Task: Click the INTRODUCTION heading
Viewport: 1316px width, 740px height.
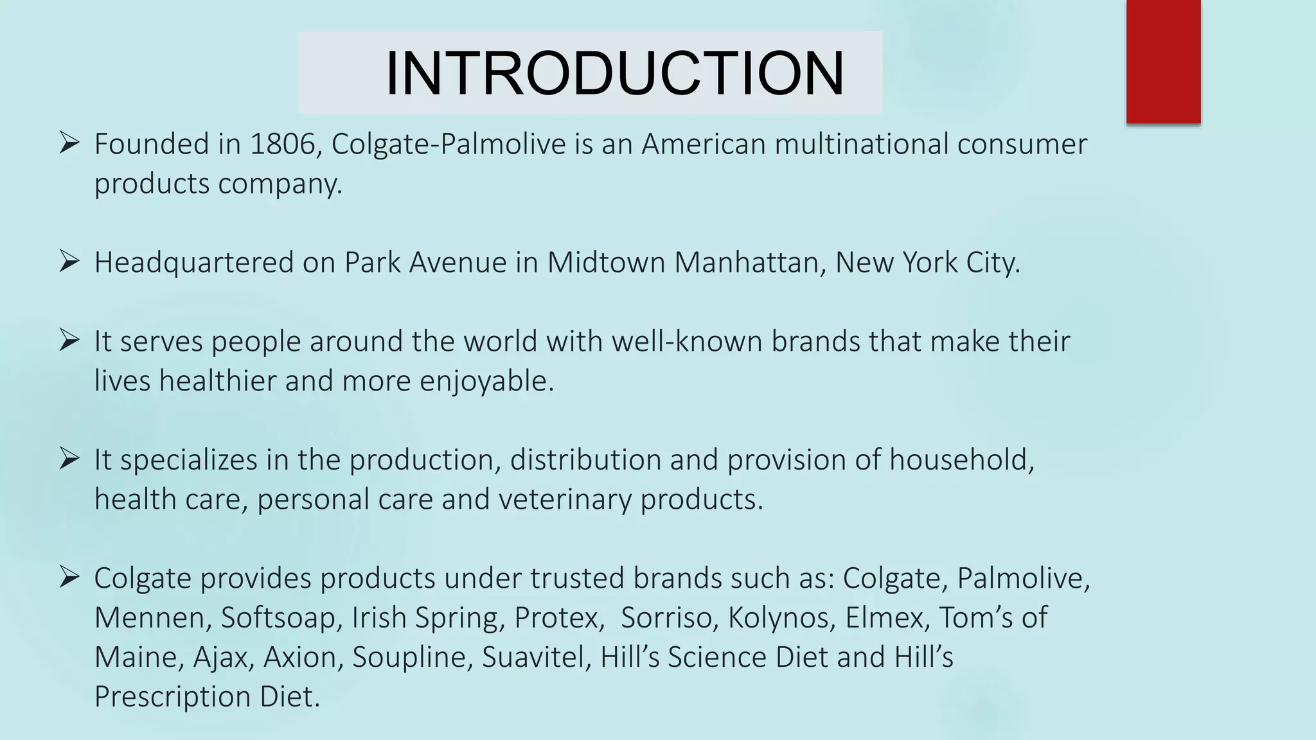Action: [614, 73]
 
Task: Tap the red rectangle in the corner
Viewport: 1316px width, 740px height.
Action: [1163, 61]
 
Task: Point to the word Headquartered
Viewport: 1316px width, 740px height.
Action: [193, 263]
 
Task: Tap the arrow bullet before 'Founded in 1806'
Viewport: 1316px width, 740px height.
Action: [69, 143]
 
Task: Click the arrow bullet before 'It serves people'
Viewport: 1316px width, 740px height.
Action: [69, 340]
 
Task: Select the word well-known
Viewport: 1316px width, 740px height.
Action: [687, 341]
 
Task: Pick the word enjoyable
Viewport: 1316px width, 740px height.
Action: [486, 381]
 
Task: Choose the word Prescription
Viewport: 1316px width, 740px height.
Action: [172, 697]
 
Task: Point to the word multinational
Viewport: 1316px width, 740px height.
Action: [861, 144]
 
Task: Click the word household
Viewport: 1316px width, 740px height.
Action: [961, 460]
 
